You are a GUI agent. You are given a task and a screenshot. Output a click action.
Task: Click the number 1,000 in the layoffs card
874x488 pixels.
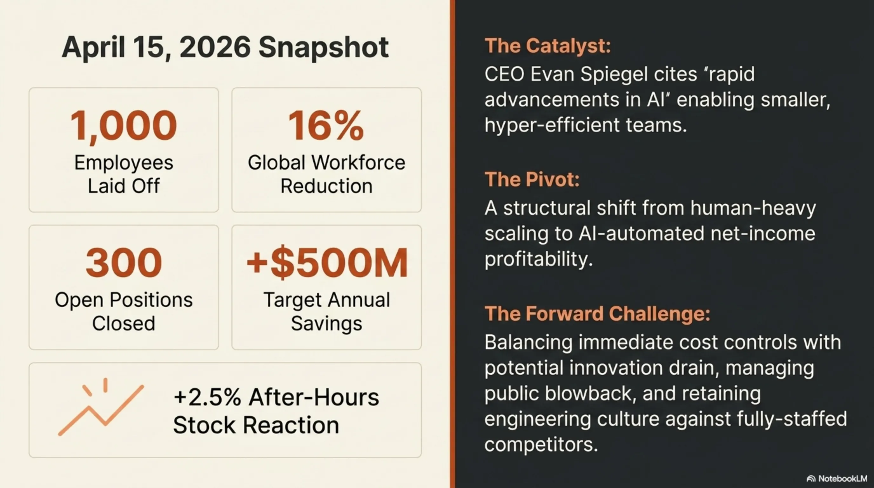pyautogui.click(x=124, y=126)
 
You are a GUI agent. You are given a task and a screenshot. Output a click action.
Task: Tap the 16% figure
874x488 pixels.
pyautogui.click(x=326, y=125)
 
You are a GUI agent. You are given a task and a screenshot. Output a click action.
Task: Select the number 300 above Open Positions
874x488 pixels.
pyautogui.click(x=124, y=263)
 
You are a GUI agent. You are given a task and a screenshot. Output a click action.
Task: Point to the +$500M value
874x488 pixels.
pyautogui.click(x=327, y=263)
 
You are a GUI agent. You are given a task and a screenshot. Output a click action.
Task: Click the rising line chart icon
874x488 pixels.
pyautogui.click(x=101, y=407)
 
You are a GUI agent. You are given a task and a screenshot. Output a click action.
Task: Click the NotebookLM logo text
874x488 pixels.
pyautogui.click(x=843, y=478)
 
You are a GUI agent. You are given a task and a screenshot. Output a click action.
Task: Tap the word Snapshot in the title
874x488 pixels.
pyautogui.click(x=323, y=48)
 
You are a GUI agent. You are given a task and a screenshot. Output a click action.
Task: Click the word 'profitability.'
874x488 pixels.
pyautogui.click(x=538, y=260)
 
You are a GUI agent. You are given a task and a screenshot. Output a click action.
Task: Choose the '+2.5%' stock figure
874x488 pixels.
pyautogui.click(x=207, y=397)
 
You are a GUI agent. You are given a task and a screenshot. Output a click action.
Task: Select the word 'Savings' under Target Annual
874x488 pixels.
pyautogui.click(x=327, y=323)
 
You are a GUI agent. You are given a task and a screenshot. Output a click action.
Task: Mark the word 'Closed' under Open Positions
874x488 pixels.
pyautogui.click(x=124, y=323)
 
